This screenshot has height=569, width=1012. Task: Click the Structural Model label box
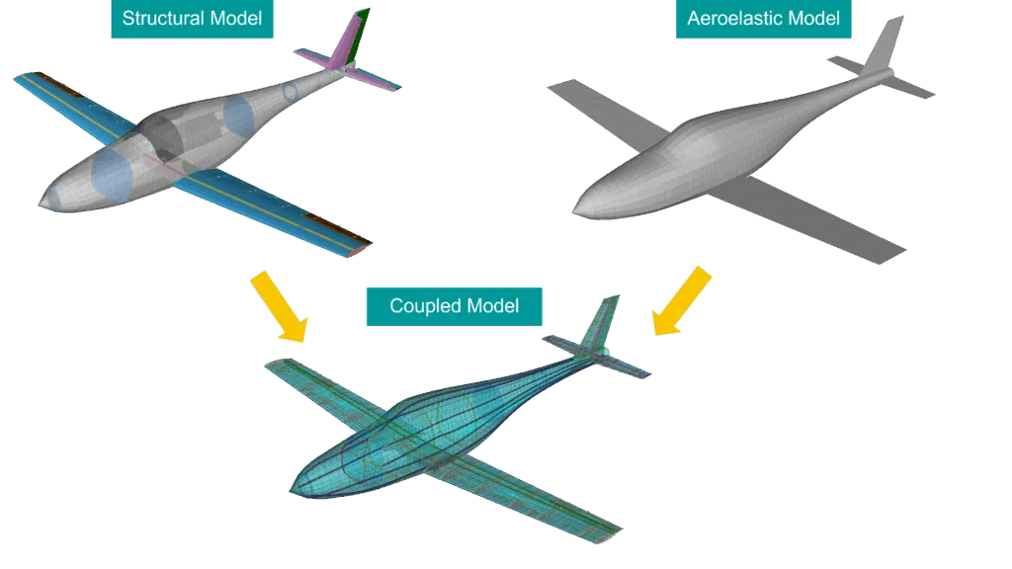[x=193, y=19]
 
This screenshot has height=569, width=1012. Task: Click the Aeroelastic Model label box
[x=763, y=19]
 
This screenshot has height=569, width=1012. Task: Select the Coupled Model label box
[x=454, y=306]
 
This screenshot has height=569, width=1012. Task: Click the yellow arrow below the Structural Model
[x=279, y=307]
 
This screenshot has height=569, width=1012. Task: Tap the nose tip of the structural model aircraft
[x=42, y=202]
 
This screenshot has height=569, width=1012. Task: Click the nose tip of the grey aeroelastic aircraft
[x=575, y=210]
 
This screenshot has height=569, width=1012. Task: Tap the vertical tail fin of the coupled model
[x=601, y=321]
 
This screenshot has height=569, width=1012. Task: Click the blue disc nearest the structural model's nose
[x=112, y=175]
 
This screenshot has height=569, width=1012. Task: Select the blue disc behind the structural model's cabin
[x=241, y=118]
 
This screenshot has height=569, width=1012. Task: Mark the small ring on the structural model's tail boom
[x=291, y=92]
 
